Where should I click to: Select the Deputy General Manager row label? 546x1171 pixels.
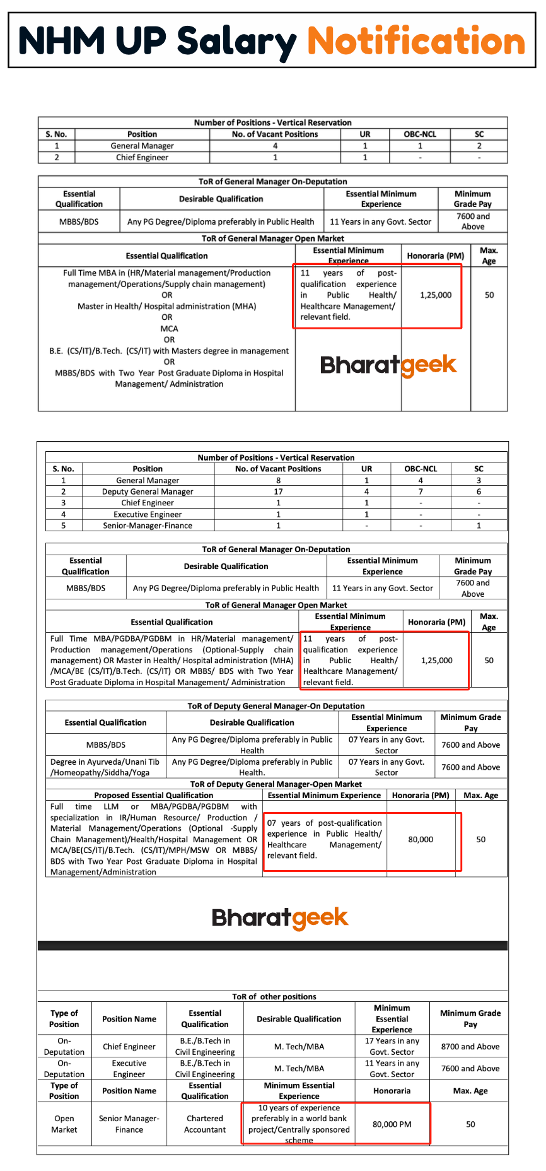click(148, 491)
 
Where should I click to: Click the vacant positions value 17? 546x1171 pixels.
click(278, 491)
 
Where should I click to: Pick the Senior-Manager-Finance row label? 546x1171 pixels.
click(148, 526)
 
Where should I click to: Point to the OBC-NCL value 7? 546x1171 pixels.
click(421, 491)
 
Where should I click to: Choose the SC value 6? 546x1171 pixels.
click(479, 491)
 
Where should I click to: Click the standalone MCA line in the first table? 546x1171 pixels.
click(169, 329)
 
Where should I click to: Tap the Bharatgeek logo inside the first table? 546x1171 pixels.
click(388, 365)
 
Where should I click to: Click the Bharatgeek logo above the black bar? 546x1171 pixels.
click(280, 918)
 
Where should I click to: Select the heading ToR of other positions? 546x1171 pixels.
click(274, 997)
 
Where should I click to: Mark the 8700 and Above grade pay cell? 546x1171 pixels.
click(470, 1047)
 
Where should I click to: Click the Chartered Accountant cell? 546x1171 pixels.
click(205, 1124)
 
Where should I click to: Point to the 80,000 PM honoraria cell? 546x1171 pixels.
click(392, 1124)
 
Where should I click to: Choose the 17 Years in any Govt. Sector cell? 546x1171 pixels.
click(392, 1047)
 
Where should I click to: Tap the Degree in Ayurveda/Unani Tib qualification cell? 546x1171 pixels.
click(105, 767)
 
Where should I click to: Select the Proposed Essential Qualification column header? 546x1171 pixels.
click(154, 796)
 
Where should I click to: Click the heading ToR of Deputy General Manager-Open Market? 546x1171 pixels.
click(276, 784)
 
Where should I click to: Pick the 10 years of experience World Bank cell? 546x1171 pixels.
click(299, 1124)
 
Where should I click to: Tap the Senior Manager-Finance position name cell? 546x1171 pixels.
click(129, 1124)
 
